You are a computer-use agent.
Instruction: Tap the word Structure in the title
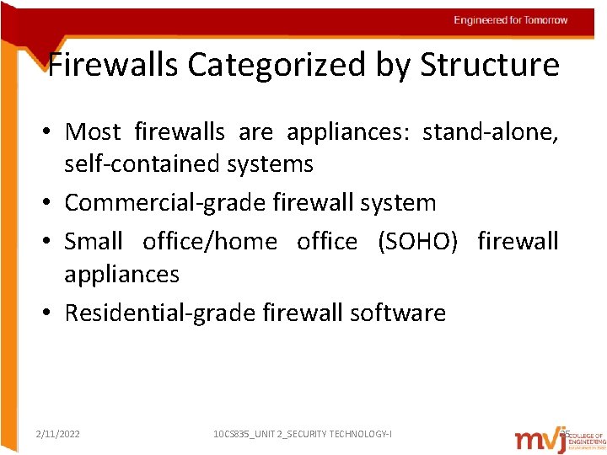point(490,65)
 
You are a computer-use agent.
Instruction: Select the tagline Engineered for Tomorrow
point(510,20)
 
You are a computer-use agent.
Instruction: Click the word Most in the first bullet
point(93,132)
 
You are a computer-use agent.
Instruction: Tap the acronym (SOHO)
point(418,242)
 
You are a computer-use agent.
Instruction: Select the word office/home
point(209,242)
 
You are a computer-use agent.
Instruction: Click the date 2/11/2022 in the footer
point(58,434)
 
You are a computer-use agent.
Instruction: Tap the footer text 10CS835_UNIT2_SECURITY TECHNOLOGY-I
point(302,434)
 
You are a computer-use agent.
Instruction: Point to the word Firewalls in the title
point(112,65)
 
